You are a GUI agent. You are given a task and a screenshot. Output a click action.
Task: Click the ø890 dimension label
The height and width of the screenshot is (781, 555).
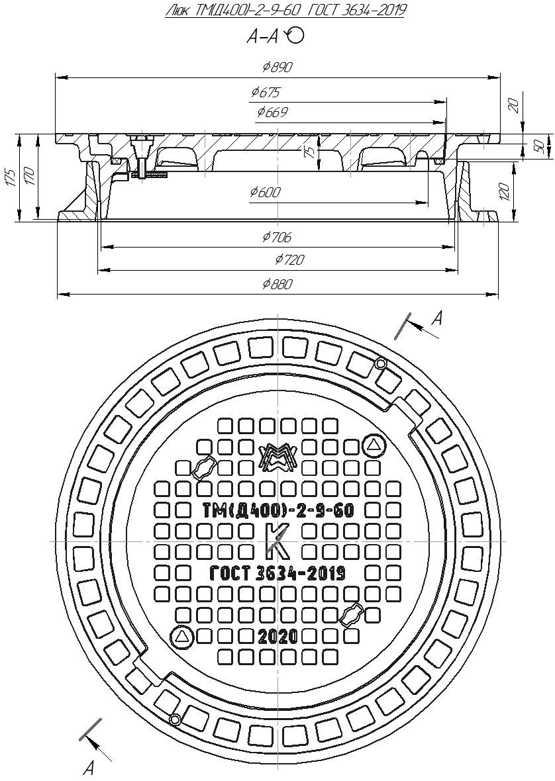tap(277, 67)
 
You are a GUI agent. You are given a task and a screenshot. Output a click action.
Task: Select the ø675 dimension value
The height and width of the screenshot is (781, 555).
tap(266, 92)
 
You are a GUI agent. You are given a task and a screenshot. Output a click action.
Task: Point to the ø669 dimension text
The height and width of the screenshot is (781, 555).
tap(272, 113)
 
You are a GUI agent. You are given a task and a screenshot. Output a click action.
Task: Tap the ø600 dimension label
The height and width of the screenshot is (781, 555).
tap(265, 192)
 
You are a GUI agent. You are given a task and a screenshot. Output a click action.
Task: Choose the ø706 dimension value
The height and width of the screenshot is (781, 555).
tap(277, 237)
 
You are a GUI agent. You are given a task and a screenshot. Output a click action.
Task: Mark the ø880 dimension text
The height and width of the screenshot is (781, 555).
tap(277, 284)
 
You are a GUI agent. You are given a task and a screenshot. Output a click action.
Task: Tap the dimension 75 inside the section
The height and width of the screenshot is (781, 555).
tap(308, 152)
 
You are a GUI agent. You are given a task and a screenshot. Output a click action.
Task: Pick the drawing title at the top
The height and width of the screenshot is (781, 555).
tap(285, 11)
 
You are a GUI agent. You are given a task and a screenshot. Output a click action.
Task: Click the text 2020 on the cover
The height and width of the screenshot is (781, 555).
tap(277, 637)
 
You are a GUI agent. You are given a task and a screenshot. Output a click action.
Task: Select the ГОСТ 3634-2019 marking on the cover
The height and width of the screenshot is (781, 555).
tap(277, 573)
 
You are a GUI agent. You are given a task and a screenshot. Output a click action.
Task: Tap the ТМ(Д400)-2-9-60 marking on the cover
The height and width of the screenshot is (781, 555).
tap(277, 510)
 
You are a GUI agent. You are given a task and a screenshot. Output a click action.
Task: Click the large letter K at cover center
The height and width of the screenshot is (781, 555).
tap(277, 541)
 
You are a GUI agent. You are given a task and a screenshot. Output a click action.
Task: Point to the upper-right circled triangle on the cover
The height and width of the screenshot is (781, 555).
tap(374, 446)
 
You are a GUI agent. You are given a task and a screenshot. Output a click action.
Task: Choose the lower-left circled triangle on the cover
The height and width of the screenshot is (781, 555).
tap(181, 637)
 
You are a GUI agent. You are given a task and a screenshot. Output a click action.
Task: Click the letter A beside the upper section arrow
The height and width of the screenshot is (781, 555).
tap(436, 318)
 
